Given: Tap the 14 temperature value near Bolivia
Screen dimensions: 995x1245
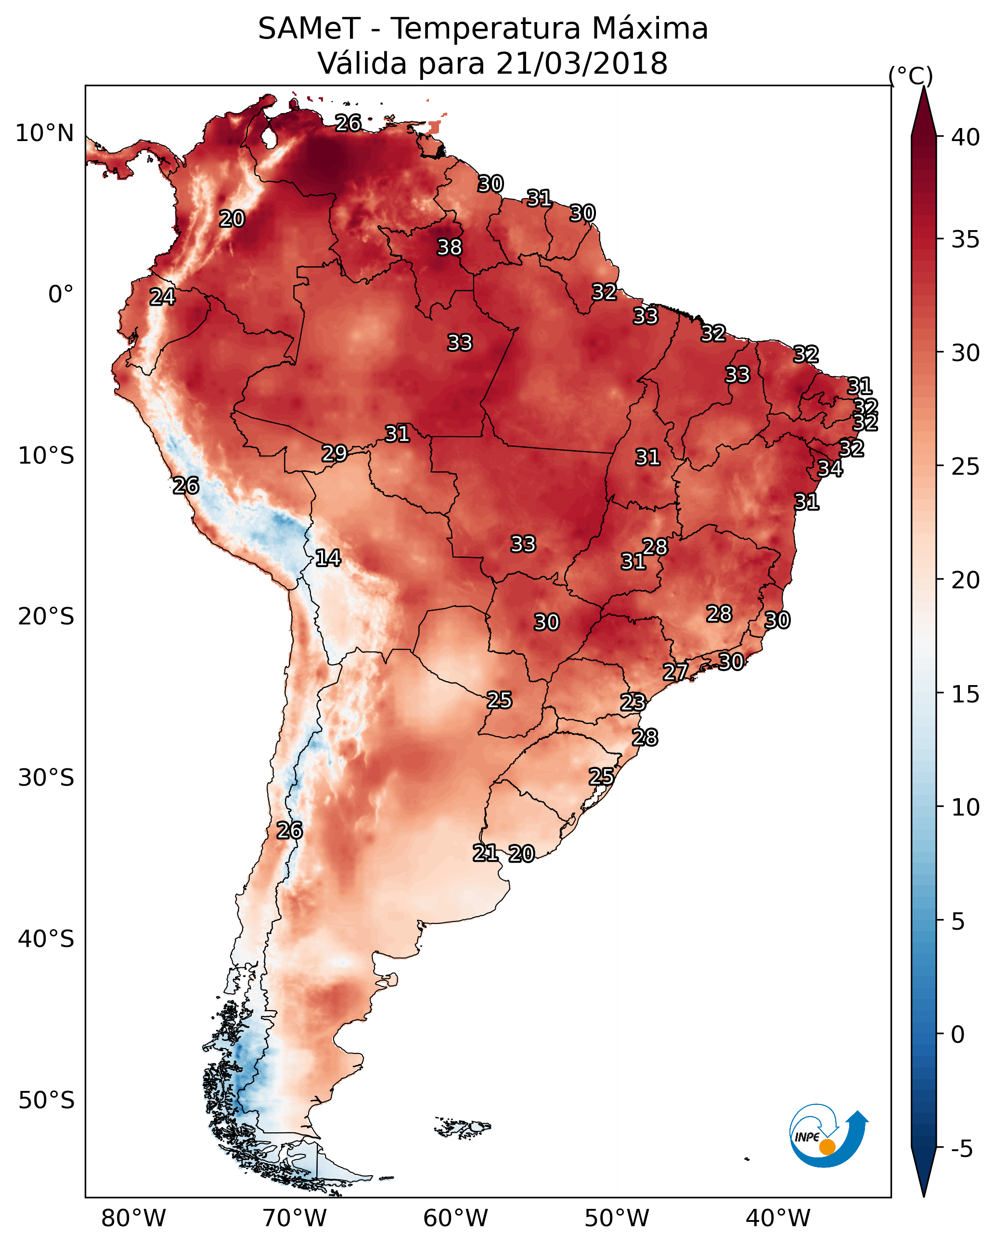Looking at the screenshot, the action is [328, 558].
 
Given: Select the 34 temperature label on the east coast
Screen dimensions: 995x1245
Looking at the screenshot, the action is [830, 468].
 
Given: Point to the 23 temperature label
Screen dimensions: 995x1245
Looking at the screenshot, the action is [633, 702].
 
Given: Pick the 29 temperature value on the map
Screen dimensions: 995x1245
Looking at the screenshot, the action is [335, 454].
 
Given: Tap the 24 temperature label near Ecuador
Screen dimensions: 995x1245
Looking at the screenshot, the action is [162, 297].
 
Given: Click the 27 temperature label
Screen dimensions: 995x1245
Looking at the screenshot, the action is [675, 672].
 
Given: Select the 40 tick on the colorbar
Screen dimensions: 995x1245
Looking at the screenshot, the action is [966, 137].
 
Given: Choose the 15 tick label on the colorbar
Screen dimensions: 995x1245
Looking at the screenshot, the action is [966, 694].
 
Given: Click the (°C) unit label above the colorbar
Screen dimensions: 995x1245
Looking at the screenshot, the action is [911, 76].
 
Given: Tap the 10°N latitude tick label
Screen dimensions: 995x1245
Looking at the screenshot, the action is [44, 133].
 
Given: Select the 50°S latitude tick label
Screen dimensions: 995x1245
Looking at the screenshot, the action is [46, 1101].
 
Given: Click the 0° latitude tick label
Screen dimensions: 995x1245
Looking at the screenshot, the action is [61, 295].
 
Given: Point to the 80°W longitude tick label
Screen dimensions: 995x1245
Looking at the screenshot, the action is [133, 1218].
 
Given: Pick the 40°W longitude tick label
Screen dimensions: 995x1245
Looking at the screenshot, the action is [778, 1218].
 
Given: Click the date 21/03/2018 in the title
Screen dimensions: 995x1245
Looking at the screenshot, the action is [581, 63].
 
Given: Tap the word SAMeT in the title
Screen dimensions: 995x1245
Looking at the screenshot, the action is [310, 28].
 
